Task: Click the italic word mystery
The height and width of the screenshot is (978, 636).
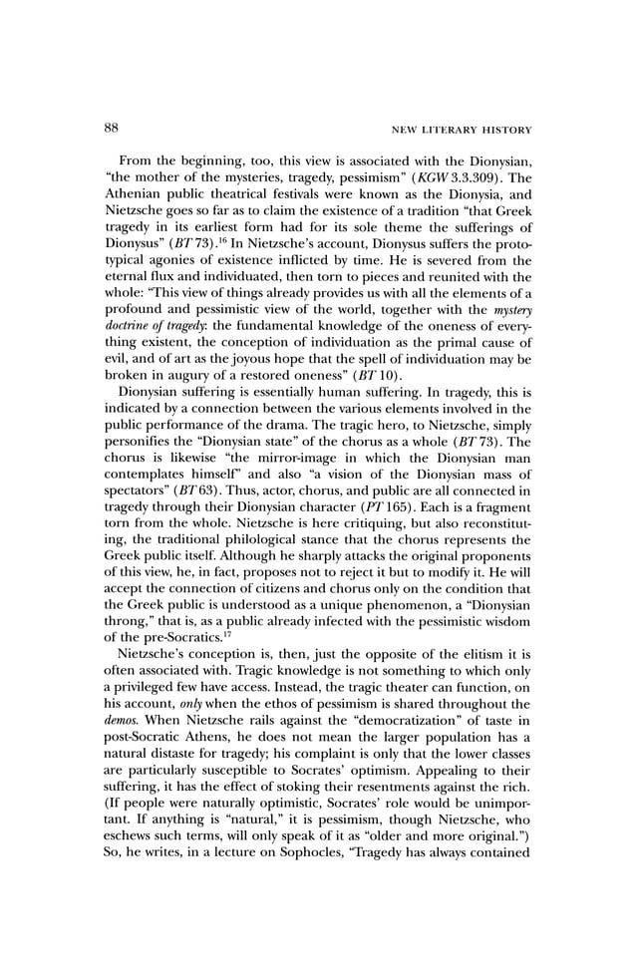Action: [508, 320]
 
